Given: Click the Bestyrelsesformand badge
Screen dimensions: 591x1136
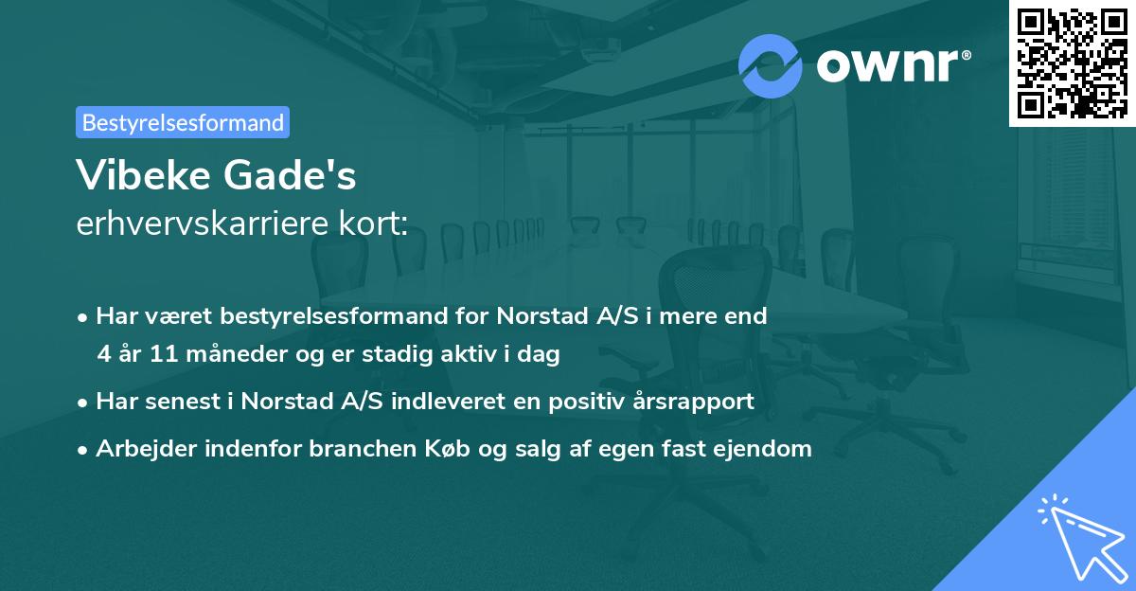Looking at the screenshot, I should (183, 122).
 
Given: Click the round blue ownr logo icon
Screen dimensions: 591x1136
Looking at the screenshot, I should (771, 65).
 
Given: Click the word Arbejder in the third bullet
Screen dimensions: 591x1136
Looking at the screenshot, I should (140, 448).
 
